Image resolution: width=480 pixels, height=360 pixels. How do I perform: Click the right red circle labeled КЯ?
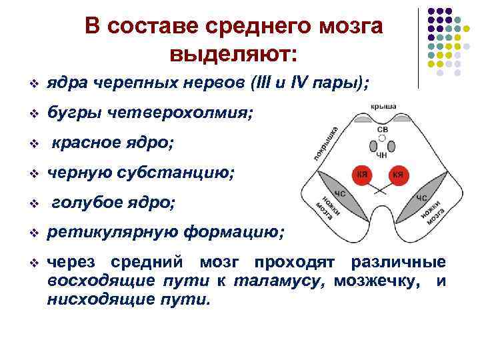[x=399, y=175]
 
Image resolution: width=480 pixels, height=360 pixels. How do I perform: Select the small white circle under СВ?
[x=382, y=137]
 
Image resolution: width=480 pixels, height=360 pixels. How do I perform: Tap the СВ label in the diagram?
[x=382, y=128]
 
